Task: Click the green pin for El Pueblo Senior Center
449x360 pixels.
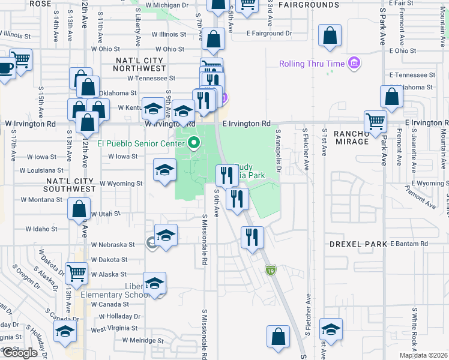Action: coord(193,143)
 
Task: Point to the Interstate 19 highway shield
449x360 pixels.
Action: coord(271,271)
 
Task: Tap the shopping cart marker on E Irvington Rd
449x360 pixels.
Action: coord(375,121)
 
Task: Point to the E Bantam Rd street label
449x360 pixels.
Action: coord(409,244)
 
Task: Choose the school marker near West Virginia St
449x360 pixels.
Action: coord(65,331)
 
